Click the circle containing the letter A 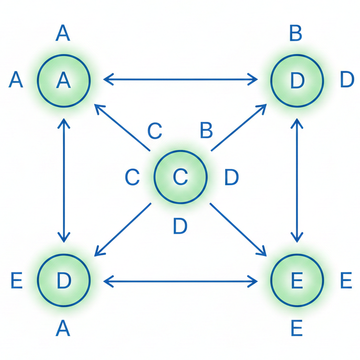pyautogui.click(x=63, y=80)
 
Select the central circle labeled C pyautogui.click(x=180, y=177)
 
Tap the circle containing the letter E pyautogui.click(x=297, y=280)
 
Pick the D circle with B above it pyautogui.click(x=297, y=80)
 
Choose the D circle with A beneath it pyautogui.click(x=63, y=280)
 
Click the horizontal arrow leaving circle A pyautogui.click(x=180, y=79)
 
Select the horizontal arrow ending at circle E pyautogui.click(x=180, y=281)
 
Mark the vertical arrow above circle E pyautogui.click(x=297, y=180)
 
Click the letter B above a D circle pyautogui.click(x=296, y=34)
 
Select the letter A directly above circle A pyautogui.click(x=63, y=34)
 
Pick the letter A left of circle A pyautogui.click(x=16, y=80)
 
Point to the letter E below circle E pyautogui.click(x=297, y=329)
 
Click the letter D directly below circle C pyautogui.click(x=180, y=226)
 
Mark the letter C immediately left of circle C pyautogui.click(x=132, y=177)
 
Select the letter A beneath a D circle pyautogui.click(x=63, y=329)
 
